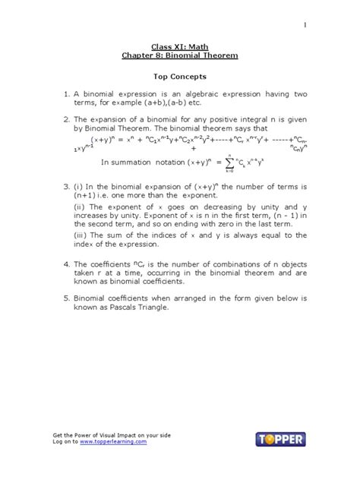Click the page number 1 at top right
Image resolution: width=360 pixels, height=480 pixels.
305,25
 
